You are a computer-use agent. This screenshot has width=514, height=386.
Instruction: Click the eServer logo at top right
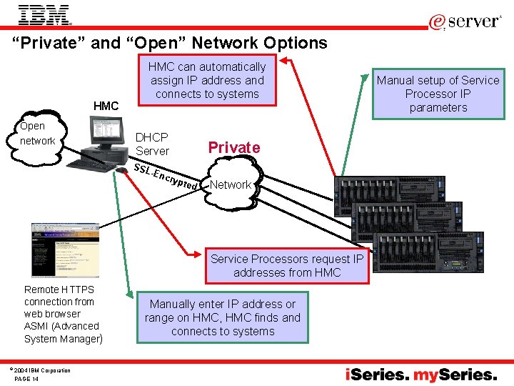click(465, 21)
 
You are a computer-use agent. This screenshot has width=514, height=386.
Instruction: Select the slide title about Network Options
click(170, 43)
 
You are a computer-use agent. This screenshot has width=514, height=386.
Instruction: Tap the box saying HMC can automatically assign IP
click(207, 80)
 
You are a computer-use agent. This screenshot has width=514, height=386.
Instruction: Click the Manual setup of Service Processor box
click(438, 94)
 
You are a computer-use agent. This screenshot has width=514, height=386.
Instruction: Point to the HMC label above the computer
click(106, 106)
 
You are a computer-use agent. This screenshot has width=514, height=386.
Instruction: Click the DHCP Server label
click(152, 144)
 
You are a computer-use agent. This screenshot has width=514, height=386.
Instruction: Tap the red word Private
click(233, 147)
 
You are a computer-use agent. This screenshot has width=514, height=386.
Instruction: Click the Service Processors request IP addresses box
click(286, 266)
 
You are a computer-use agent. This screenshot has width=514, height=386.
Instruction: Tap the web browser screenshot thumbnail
click(64, 249)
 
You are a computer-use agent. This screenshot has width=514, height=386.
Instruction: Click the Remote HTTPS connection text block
click(63, 314)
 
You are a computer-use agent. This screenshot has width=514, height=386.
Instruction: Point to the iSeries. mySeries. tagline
click(421, 375)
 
